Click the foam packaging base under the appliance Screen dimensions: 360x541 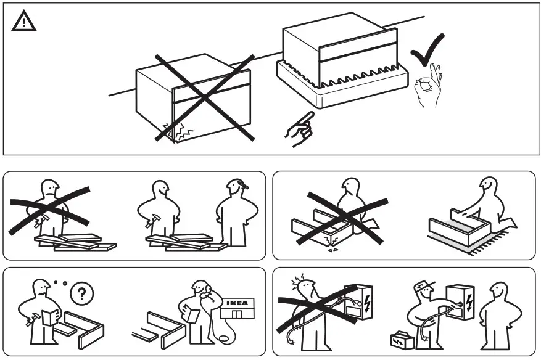click(342, 89)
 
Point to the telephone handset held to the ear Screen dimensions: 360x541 click(208, 292)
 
